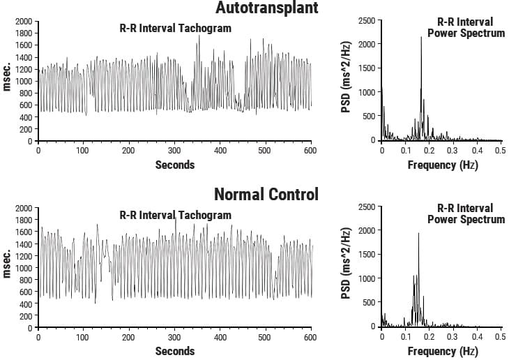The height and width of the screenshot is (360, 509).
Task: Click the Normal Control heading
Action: (x=266, y=194)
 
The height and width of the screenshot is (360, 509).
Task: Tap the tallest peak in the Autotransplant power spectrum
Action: (x=421, y=38)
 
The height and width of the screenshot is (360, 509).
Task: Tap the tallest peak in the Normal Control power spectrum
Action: (x=418, y=234)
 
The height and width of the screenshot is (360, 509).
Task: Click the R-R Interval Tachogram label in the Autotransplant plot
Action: (x=175, y=28)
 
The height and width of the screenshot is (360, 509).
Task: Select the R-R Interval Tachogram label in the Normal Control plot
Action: (x=175, y=215)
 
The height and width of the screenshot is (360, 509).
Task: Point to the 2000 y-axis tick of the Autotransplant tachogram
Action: (x=24, y=22)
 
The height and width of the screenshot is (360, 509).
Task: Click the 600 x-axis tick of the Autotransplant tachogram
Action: (x=311, y=151)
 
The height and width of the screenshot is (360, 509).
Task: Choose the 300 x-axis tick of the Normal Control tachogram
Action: (x=174, y=337)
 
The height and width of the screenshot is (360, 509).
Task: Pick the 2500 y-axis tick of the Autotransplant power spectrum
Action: (x=367, y=22)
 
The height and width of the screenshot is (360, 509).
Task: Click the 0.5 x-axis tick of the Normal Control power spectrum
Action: (x=499, y=337)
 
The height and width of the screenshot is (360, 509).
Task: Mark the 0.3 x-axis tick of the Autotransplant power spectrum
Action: (x=453, y=151)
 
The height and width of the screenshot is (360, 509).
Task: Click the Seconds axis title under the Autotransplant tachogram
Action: (x=174, y=165)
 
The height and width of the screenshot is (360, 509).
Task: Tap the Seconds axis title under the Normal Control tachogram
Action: (x=174, y=351)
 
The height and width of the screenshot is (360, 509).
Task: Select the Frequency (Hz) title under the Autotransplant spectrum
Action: (x=443, y=165)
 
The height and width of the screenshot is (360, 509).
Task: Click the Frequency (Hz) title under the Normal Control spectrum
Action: (x=443, y=351)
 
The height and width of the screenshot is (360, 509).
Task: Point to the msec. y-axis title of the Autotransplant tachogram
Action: (x=7, y=82)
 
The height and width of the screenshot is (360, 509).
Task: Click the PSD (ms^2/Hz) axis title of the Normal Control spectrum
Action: (x=345, y=267)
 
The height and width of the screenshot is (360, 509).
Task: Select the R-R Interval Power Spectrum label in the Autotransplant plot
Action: (x=466, y=28)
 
